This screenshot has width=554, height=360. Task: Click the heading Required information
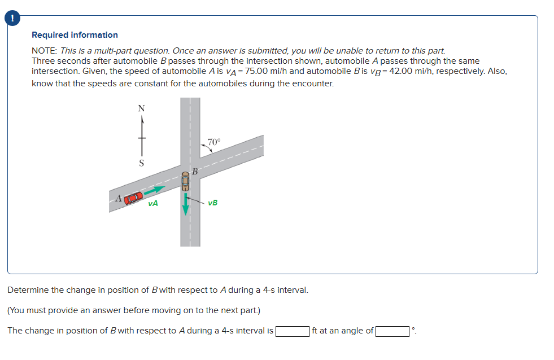tap(75, 35)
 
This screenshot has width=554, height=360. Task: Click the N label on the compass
tap(142, 108)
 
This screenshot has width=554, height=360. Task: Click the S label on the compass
tap(142, 164)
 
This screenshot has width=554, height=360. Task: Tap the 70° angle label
tap(214, 142)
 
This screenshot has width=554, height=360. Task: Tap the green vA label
tap(153, 203)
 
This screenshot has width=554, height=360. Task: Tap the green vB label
tap(212, 203)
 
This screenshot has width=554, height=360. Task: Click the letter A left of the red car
tap(118, 198)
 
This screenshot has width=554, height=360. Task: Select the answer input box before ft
tap(292, 331)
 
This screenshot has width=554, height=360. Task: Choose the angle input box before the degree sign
tap(392, 331)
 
